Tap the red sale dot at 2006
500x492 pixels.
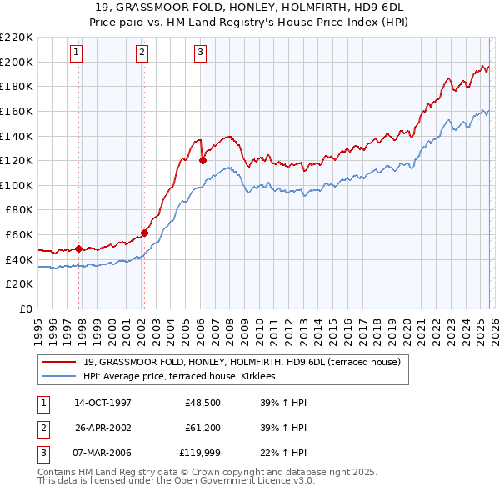pyautogui.click(x=202, y=160)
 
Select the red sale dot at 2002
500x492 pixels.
pyautogui.click(x=144, y=233)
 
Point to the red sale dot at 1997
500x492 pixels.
pyautogui.click(x=78, y=249)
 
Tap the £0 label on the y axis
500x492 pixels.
pyautogui.click(x=25, y=309)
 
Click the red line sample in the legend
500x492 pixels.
pyautogui.click(x=60, y=363)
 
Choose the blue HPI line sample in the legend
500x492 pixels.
pyautogui.click(x=60, y=377)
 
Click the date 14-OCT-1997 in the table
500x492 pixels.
pyautogui.click(x=102, y=404)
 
